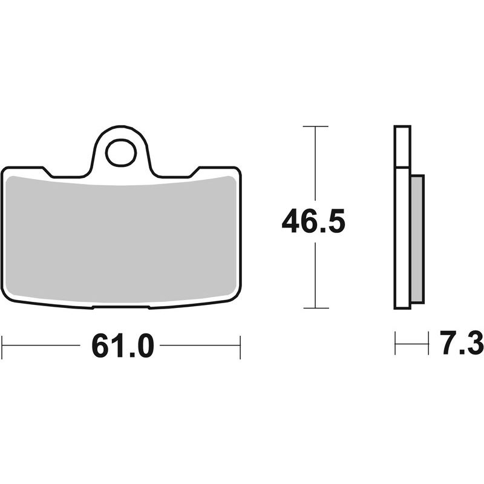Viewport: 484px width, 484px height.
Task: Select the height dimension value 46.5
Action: coord(313,223)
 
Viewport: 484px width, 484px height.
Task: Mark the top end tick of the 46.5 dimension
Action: coord(315,126)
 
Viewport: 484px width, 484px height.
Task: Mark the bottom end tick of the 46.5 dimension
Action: coord(315,308)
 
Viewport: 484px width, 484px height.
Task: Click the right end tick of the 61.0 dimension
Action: coord(240,345)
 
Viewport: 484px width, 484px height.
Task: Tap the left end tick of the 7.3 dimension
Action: coord(395,343)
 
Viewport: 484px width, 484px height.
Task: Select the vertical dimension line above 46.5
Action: coord(315,166)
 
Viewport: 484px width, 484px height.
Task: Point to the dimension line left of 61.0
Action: coord(42,345)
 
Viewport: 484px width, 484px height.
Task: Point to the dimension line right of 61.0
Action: coord(200,345)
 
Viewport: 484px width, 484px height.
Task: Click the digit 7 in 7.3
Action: coord(448,345)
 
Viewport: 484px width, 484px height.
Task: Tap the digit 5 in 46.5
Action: coord(336,223)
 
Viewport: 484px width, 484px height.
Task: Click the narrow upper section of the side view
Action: coord(402,146)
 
